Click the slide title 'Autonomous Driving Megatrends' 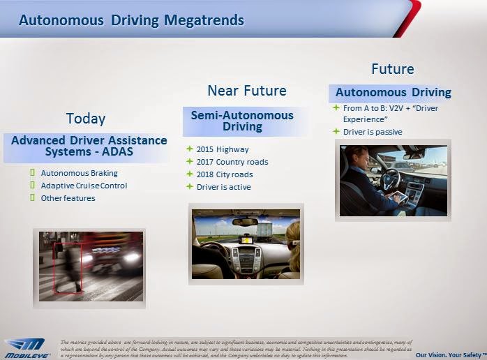coord(131,20)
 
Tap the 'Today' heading coord(86,118)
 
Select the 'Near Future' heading coord(246,91)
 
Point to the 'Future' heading coord(392,68)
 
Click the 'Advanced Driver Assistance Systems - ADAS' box coord(89,146)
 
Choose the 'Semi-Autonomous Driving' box coord(242,121)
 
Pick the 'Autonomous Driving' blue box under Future coord(393,93)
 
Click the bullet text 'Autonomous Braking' coord(79,173)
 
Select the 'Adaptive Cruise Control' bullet coord(84,186)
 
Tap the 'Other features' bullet coord(68,198)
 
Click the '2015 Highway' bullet coord(223,149)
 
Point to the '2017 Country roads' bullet coord(232,162)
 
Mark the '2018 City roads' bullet coord(225,174)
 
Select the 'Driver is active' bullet coord(223,187)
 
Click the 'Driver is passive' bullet coord(373,132)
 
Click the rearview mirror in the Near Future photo coord(245,222)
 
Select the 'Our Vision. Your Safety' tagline coord(456,354)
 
